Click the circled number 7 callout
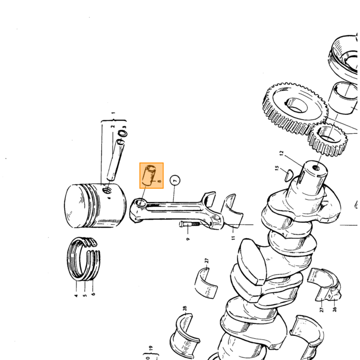[x=175, y=181]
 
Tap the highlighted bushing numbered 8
[x=149, y=175]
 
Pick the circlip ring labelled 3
[x=122, y=133]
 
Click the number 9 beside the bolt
[x=188, y=239]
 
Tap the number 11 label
[x=233, y=238]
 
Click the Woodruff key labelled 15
[x=289, y=175]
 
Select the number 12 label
[x=282, y=153]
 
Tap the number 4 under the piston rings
[x=76, y=295]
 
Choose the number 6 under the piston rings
[x=93, y=294]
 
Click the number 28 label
[x=185, y=309]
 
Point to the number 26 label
[x=335, y=309]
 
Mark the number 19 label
[x=151, y=349]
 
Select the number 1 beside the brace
[x=113, y=113]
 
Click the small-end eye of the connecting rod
[x=140, y=203]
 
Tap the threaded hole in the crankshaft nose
[x=317, y=168]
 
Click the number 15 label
[x=277, y=168]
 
